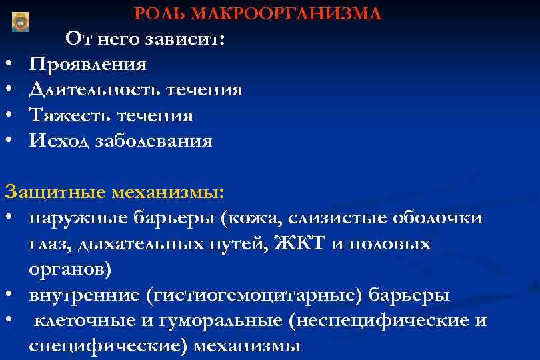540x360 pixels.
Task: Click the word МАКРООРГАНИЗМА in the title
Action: click(x=285, y=14)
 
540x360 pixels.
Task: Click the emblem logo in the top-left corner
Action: click(x=21, y=22)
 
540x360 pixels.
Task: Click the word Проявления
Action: click(x=88, y=65)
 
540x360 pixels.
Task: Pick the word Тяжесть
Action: click(x=71, y=116)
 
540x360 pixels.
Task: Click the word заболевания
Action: click(x=154, y=141)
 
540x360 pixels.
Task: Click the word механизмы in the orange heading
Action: click(x=168, y=193)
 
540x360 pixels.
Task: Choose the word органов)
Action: click(x=71, y=269)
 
